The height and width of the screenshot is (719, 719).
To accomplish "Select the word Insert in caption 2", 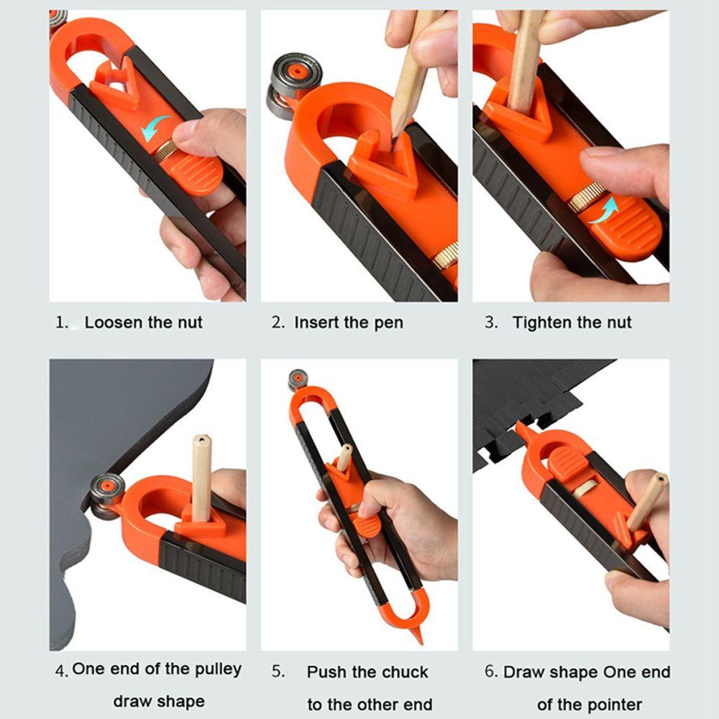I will pos(317,322).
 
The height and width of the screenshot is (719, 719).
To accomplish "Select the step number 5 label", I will pos(278,672).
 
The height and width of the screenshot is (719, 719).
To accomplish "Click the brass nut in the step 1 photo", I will pos(166,150).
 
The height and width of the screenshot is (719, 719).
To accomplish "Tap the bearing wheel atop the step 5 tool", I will pos(298,378).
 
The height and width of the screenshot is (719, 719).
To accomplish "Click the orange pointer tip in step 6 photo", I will pos(520,428).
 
